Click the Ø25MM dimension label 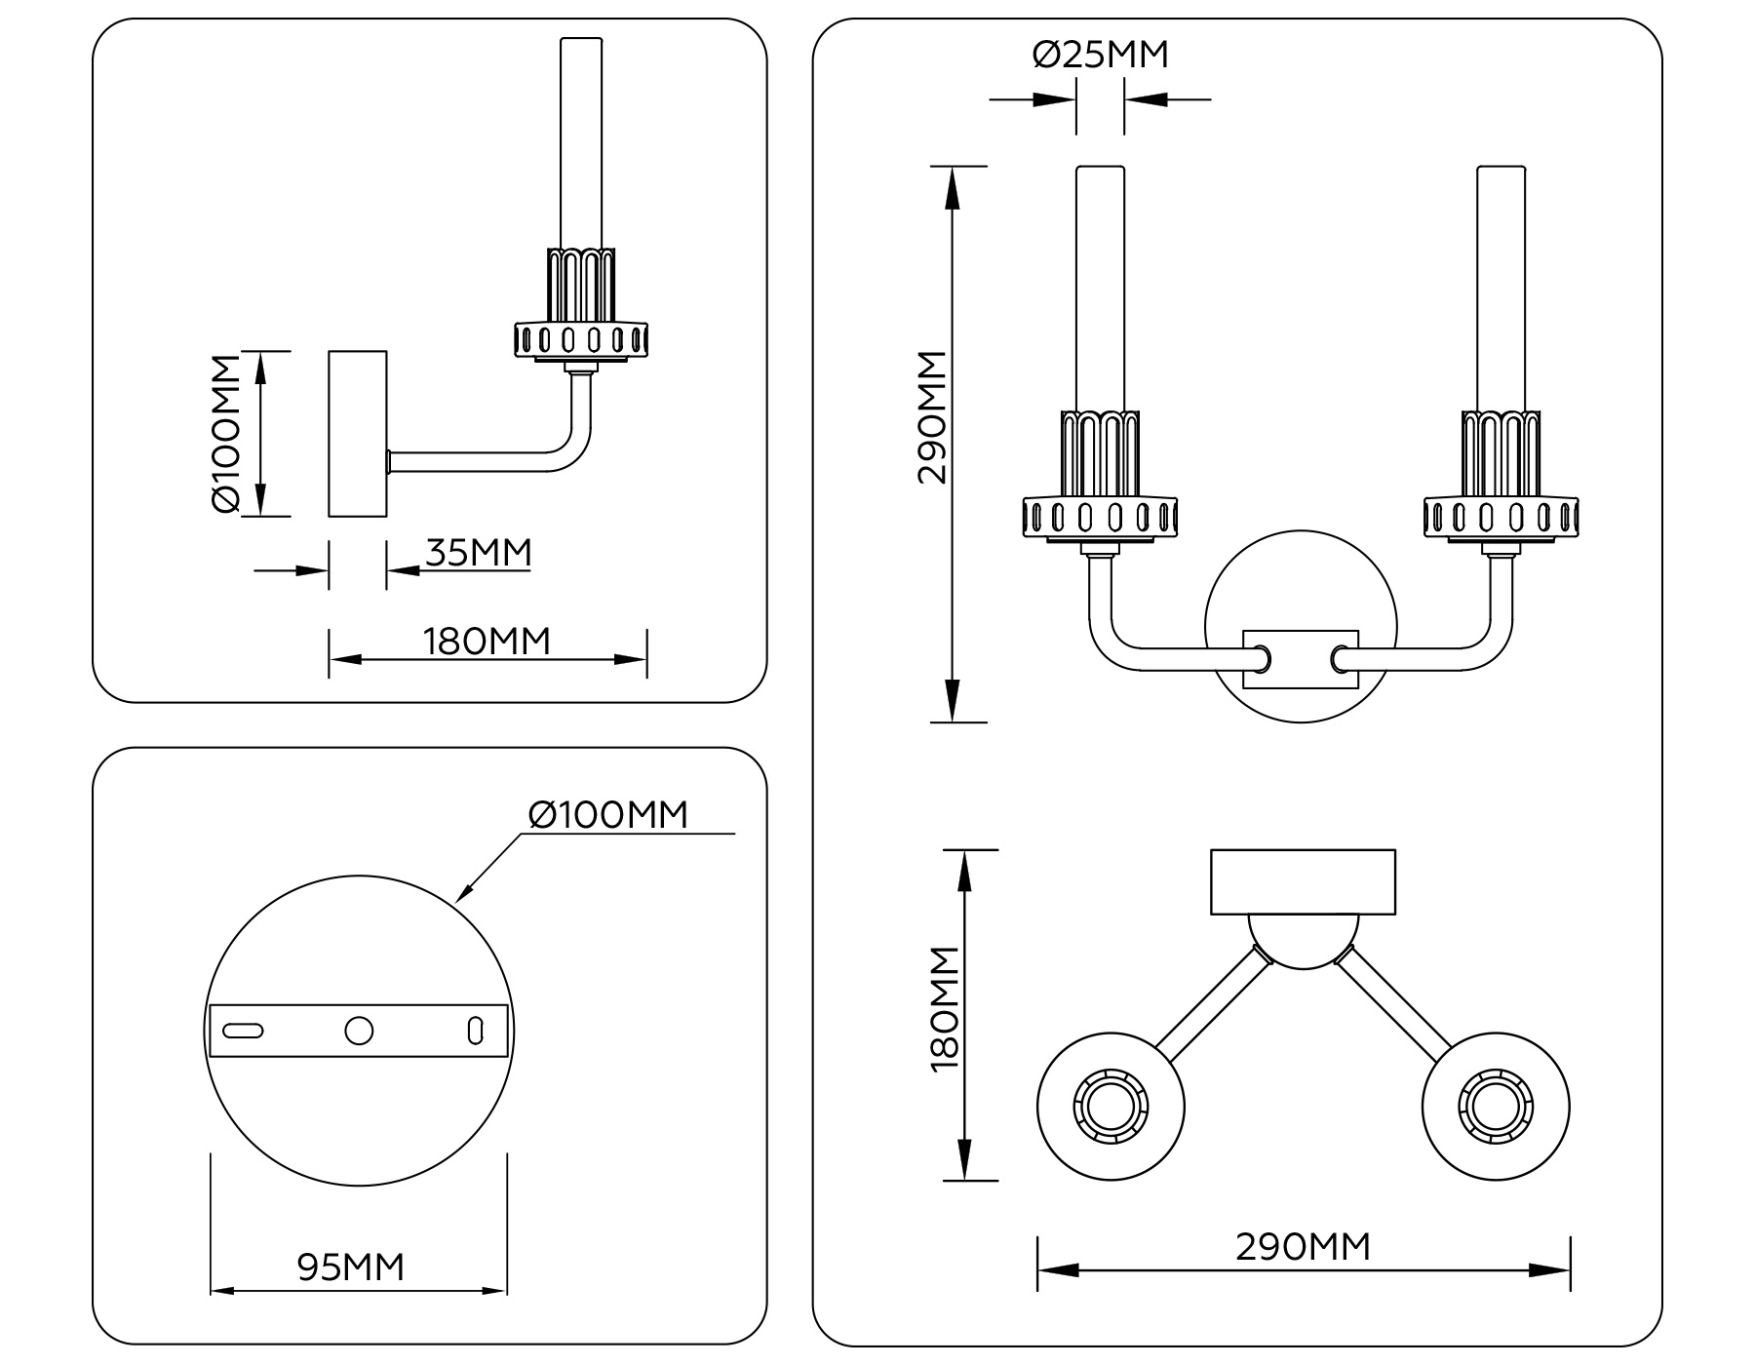point(1100,55)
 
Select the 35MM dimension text point(479,553)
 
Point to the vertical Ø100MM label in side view point(225,433)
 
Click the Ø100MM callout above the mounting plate point(607,814)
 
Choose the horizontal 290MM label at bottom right point(1303,1246)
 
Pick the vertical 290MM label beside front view point(932,417)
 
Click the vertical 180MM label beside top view point(945,1008)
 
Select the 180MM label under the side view point(487,642)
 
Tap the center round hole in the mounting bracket point(359,1031)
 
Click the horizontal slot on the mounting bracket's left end point(243,1031)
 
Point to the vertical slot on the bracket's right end point(475,1031)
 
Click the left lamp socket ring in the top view point(1111,1108)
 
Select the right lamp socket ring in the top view point(1495,1108)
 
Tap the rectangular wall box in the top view point(1303,881)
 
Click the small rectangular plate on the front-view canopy point(1301,660)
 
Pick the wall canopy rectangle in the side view point(358,433)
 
